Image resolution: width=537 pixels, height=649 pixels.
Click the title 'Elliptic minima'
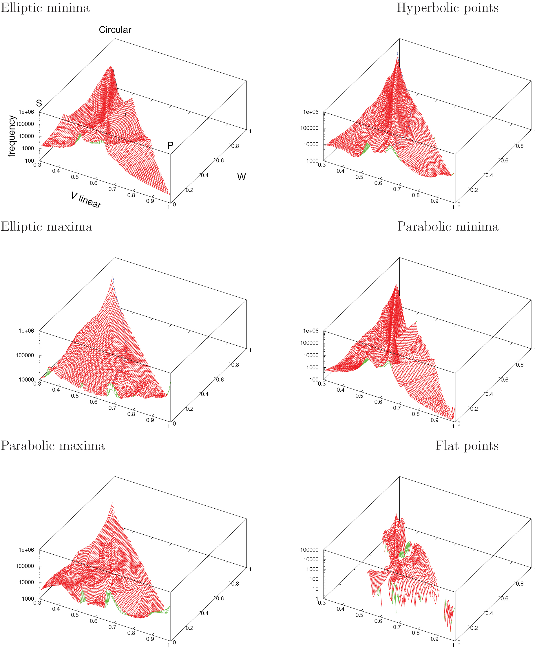click(45, 8)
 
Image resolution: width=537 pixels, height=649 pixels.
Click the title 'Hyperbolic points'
click(447, 8)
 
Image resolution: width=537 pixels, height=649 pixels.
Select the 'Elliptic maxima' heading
click(46, 227)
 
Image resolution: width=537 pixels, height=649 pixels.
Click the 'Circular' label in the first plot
click(115, 30)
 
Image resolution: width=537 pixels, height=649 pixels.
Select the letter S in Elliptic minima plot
click(39, 103)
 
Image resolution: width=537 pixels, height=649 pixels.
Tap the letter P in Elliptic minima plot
click(170, 145)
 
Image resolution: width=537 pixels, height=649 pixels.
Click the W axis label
click(241, 177)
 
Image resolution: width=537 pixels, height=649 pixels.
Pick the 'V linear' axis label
click(86, 200)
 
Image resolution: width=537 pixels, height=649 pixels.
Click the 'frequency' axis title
click(12, 136)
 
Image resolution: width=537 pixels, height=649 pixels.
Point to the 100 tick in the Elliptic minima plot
click(29, 160)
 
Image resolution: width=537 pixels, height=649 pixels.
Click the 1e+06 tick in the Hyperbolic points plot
click(310, 112)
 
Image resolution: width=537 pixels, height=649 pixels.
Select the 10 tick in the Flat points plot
click(315, 589)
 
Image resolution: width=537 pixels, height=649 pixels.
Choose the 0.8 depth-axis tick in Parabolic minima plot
click(519, 365)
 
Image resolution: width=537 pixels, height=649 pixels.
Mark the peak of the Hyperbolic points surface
click(398, 55)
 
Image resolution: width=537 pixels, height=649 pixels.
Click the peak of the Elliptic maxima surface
click(113, 276)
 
